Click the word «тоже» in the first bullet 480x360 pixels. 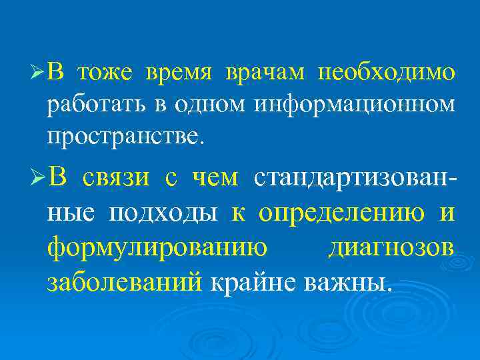107,71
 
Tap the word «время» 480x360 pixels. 179,71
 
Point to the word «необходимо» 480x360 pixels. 387,71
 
